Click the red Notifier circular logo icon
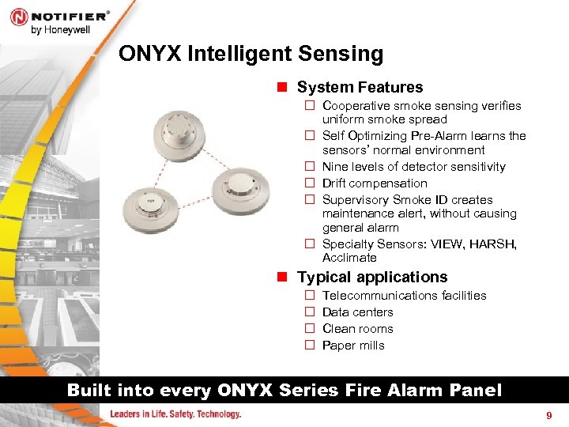point(19,17)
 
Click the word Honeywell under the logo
point(66,30)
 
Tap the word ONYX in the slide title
point(150,54)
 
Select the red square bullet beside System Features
point(282,87)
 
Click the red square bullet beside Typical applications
point(282,277)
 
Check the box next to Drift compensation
point(310,183)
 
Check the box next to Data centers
point(310,312)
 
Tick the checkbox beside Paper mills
point(310,345)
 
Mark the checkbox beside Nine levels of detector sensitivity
point(310,166)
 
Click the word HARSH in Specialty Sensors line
point(493,244)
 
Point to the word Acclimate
point(349,258)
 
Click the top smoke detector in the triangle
point(179,135)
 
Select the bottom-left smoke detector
point(151,210)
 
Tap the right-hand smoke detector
point(241,191)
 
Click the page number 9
point(549,415)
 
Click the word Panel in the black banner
point(476,391)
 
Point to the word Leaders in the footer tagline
point(125,414)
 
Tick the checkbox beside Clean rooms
point(310,328)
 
